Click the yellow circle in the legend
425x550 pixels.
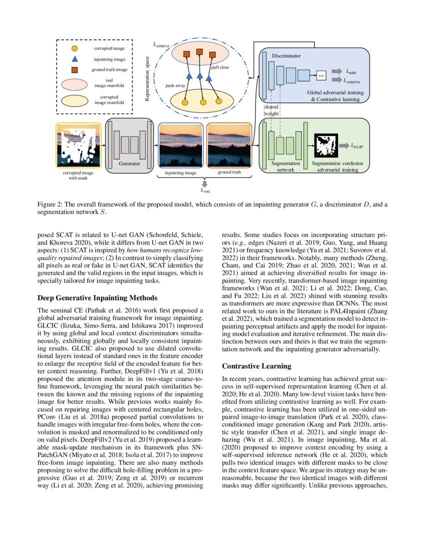pos(74,48)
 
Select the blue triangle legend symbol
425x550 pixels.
pos(74,59)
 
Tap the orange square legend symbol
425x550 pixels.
pos(74,69)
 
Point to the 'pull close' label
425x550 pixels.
pos(220,67)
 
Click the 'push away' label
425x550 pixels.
pos(175,85)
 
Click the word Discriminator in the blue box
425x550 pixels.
pos(286,56)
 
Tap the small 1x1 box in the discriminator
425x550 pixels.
pos(321,75)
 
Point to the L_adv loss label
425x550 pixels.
pos(352,71)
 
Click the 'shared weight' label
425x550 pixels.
pos(271,110)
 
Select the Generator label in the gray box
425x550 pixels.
pos(129,163)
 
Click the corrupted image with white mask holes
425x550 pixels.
pos(77,145)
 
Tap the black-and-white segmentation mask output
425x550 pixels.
pos(325,145)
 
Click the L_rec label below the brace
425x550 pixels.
pos(205,190)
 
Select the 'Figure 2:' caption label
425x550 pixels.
pos(52,204)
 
